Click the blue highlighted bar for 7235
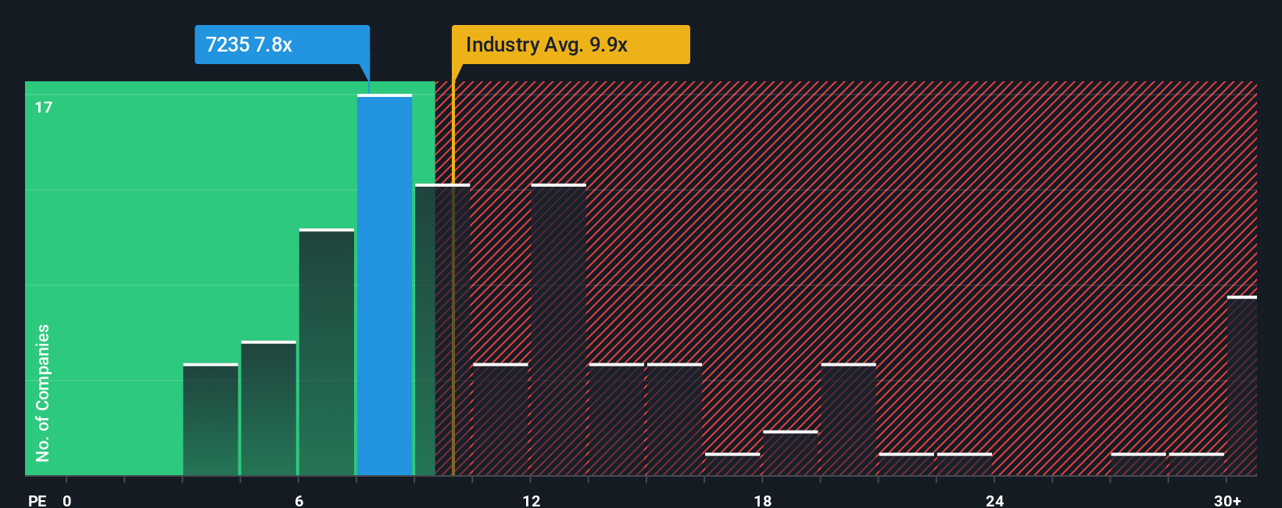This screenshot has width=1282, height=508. point(385,285)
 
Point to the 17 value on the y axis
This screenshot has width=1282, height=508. point(44,107)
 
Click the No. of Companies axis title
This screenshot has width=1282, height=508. point(43,392)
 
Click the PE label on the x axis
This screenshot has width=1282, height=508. point(37,500)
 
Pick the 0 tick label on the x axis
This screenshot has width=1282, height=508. point(67,500)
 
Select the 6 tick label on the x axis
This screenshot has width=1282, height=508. point(299,500)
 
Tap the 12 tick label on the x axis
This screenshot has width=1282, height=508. point(532,500)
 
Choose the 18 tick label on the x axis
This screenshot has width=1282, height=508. point(763,500)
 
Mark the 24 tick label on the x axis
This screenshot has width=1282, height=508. point(994,500)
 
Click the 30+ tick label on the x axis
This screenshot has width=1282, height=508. point(1227,500)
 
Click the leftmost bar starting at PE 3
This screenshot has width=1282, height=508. point(210,420)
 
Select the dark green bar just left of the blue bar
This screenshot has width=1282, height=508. point(327,352)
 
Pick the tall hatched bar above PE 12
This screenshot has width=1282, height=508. point(558,330)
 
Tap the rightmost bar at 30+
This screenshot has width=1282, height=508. point(1241,386)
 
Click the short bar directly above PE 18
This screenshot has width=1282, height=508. point(790,453)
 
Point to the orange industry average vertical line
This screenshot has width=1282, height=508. point(453,313)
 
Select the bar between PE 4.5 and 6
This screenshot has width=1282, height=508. point(269,408)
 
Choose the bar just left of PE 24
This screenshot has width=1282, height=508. point(965,463)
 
